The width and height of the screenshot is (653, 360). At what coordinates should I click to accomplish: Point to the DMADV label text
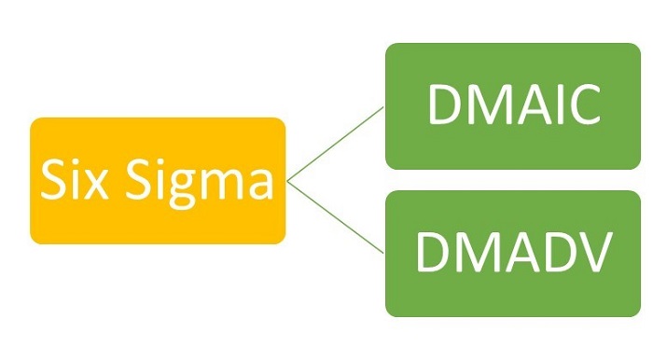click(514, 253)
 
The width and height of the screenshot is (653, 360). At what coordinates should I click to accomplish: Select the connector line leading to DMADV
click(336, 217)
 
